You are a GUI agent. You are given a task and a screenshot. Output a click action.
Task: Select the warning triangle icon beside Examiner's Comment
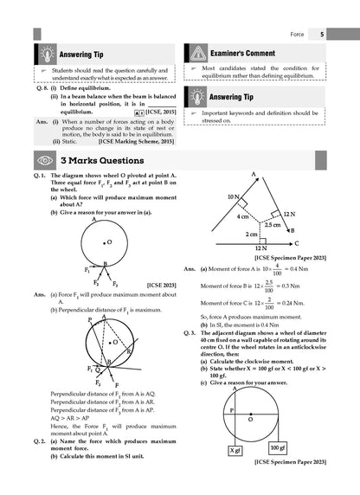click(x=196, y=54)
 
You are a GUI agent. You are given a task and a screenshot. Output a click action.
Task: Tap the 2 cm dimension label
click(x=250, y=235)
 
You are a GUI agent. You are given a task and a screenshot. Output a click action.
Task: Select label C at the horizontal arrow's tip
click(x=297, y=244)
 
